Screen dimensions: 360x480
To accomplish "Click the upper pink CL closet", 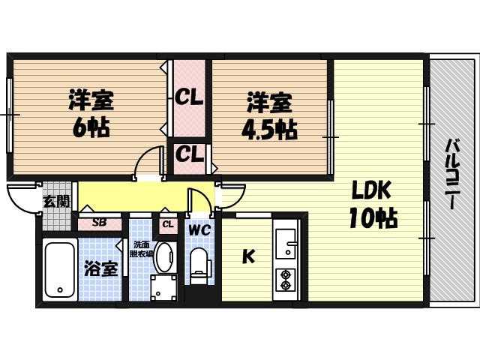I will pyautogui.click(x=190, y=97).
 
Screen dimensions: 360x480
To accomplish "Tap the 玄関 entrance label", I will pyautogui.click(x=55, y=201).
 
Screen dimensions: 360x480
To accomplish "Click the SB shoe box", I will pyautogui.click(x=99, y=223).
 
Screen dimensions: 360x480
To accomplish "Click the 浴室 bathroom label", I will pyautogui.click(x=100, y=268).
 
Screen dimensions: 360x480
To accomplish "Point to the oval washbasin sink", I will pyautogui.click(x=164, y=256).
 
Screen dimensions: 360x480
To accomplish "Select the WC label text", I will pyautogui.click(x=199, y=229).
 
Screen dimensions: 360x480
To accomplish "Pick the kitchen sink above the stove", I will pyautogui.click(x=286, y=241).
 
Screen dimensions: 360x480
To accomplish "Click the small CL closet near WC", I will pyautogui.click(x=166, y=223).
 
